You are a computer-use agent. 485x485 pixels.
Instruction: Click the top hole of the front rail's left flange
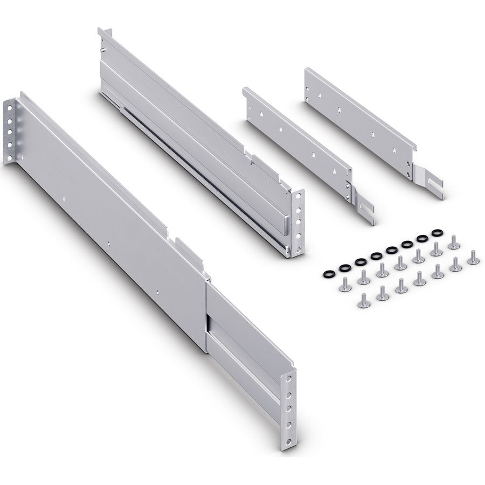[x=10, y=107]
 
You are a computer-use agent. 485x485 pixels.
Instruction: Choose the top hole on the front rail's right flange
[x=292, y=378]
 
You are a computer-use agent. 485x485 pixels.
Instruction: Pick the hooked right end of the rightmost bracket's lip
[x=414, y=145]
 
